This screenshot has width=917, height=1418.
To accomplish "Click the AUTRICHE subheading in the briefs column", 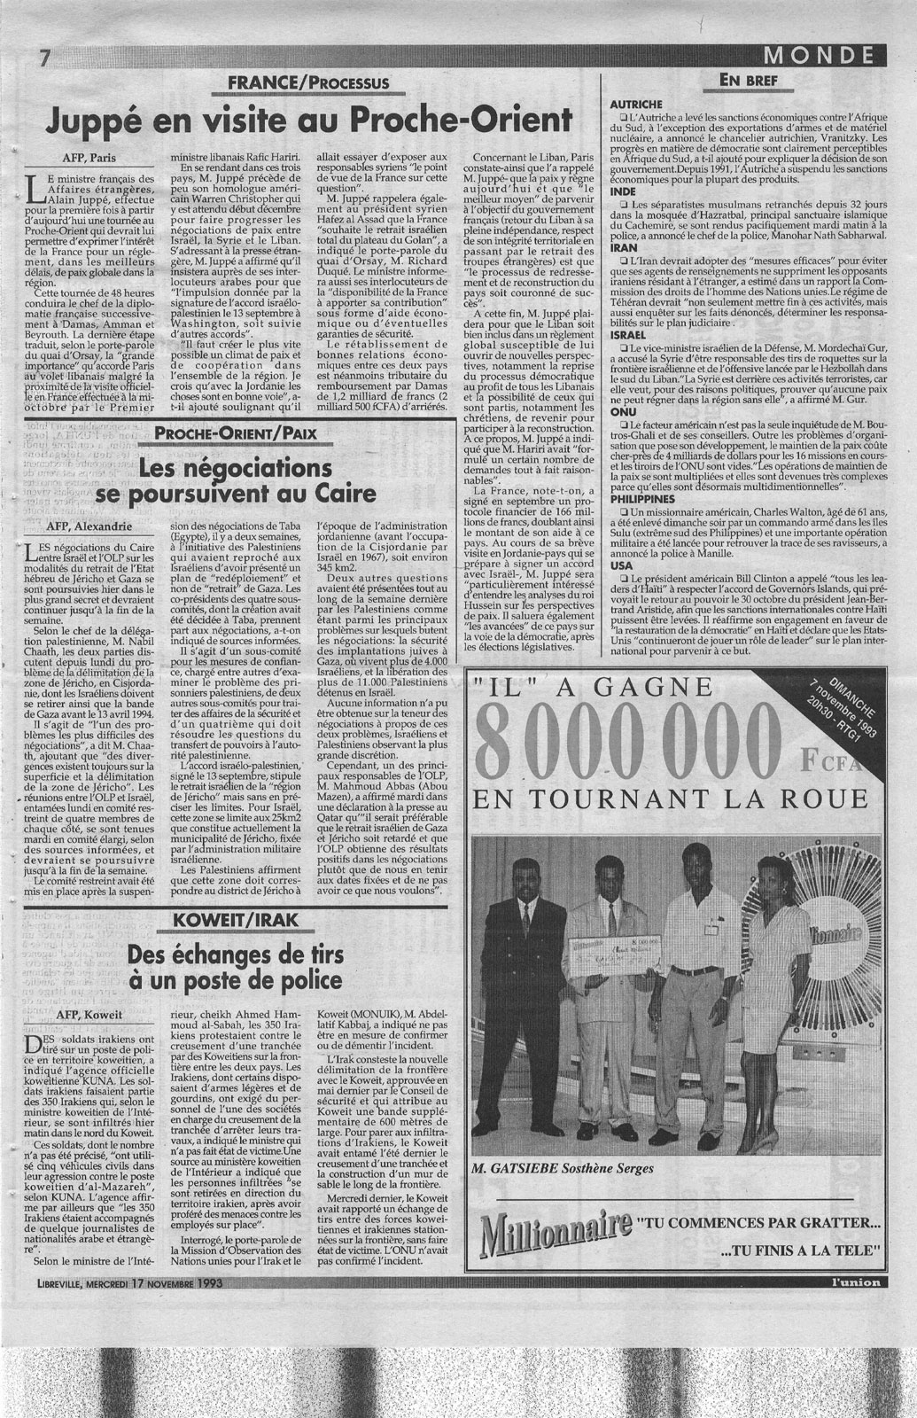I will (x=638, y=104).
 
